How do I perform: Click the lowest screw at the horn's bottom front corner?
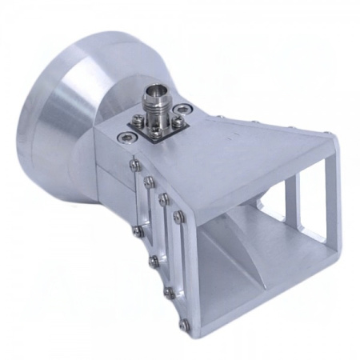[185, 324]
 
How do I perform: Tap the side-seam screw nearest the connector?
[134, 165]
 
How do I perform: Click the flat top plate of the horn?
[240, 152]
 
